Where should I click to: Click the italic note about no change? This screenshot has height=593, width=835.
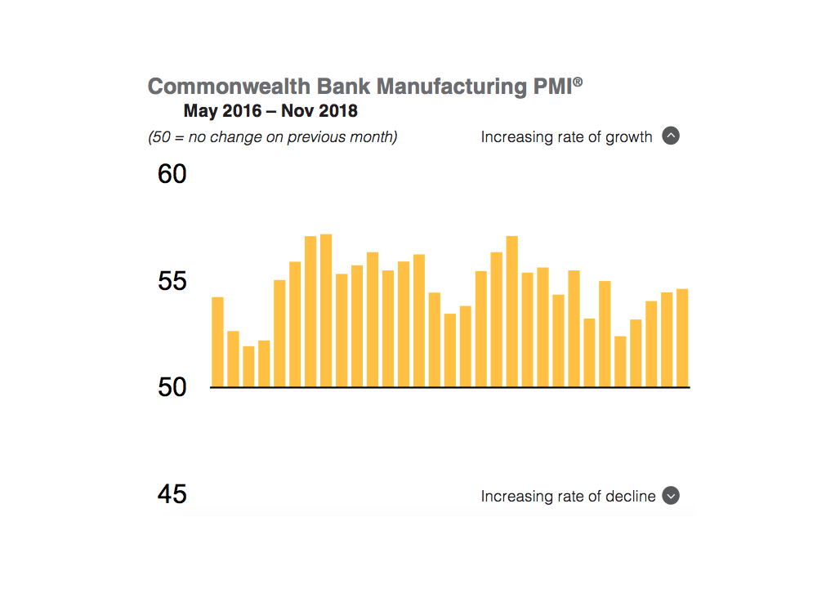(x=272, y=137)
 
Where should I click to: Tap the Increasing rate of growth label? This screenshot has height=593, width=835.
(x=566, y=137)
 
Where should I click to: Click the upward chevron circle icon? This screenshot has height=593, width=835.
(x=671, y=136)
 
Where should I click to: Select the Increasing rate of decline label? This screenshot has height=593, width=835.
(x=568, y=497)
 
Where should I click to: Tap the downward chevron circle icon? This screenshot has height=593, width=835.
(x=671, y=496)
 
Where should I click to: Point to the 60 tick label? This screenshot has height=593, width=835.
(x=172, y=174)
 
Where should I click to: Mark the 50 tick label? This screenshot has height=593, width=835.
(x=172, y=387)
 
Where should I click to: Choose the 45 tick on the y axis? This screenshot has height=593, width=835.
(x=172, y=494)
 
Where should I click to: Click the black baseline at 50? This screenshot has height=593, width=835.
(x=449, y=387)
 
